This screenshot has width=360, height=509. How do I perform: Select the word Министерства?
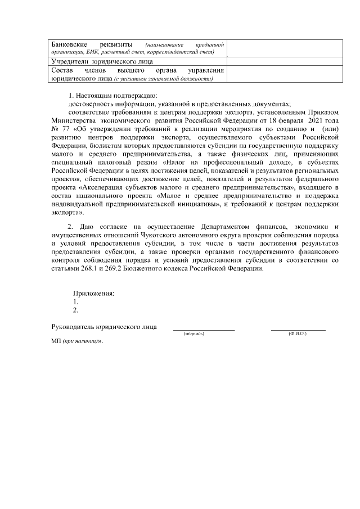pyautogui.click(x=72, y=120)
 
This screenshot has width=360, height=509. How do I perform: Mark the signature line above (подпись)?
pyautogui.click(x=204, y=330)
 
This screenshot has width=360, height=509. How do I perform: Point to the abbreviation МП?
pyautogui.click(x=56, y=342)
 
